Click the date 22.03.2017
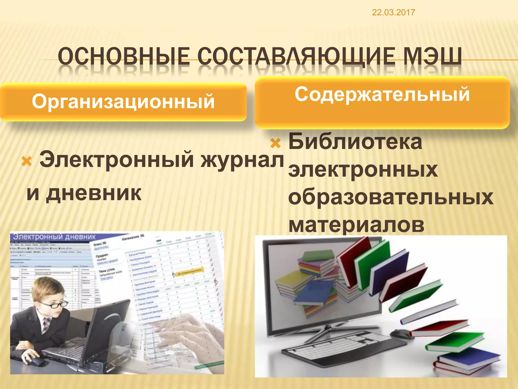[x=393, y=12]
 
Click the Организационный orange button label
[x=123, y=102]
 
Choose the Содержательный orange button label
[x=382, y=94]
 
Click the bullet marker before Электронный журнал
[x=27, y=161]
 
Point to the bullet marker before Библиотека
[x=275, y=143]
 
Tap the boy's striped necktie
[x=47, y=324]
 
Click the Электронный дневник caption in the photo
[x=54, y=237]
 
